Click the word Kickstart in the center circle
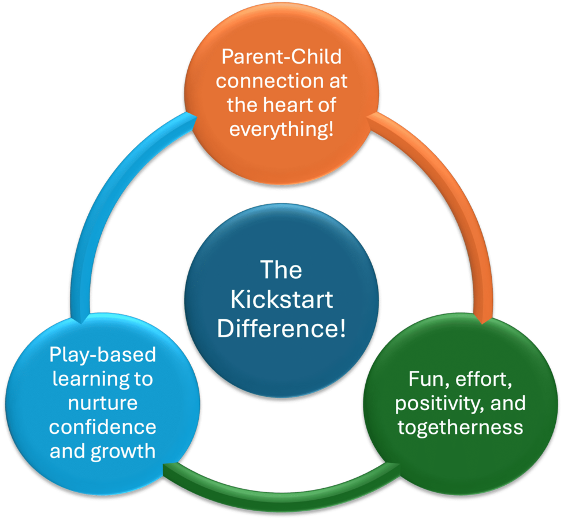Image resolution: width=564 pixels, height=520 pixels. (x=281, y=299)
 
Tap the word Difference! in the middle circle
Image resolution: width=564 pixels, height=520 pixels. (x=281, y=328)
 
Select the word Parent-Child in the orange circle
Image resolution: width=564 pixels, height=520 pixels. (x=281, y=57)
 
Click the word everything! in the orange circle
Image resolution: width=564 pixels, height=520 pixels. (x=281, y=130)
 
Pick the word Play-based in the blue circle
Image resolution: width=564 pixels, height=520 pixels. (x=102, y=355)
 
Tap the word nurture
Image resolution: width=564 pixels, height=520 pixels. (x=103, y=403)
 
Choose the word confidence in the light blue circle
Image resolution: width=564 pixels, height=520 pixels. (x=102, y=427)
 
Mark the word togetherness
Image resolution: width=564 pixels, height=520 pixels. (x=460, y=427)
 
